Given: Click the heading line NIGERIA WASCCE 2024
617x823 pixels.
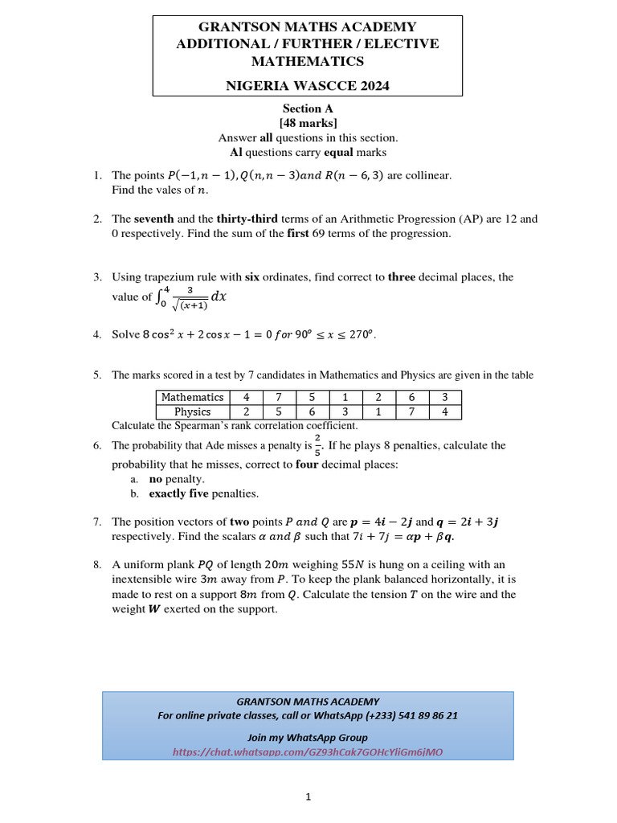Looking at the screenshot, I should tap(308, 86).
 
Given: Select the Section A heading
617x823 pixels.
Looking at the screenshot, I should tap(308, 109).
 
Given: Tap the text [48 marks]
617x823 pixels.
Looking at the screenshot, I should tap(308, 123).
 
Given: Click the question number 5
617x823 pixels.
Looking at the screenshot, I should tap(96, 375).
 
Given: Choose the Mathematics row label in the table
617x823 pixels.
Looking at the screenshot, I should tap(192, 397).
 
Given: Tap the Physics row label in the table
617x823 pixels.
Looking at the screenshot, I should tap(192, 411).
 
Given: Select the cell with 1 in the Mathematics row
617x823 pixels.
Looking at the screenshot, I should tap(345, 397).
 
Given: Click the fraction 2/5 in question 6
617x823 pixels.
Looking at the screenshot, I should tap(318, 445).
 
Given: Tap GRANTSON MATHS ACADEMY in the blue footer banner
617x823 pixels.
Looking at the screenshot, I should tap(308, 702).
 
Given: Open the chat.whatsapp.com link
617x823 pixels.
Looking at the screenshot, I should tap(308, 752).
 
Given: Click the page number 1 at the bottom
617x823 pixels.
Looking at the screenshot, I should tap(308, 796).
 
